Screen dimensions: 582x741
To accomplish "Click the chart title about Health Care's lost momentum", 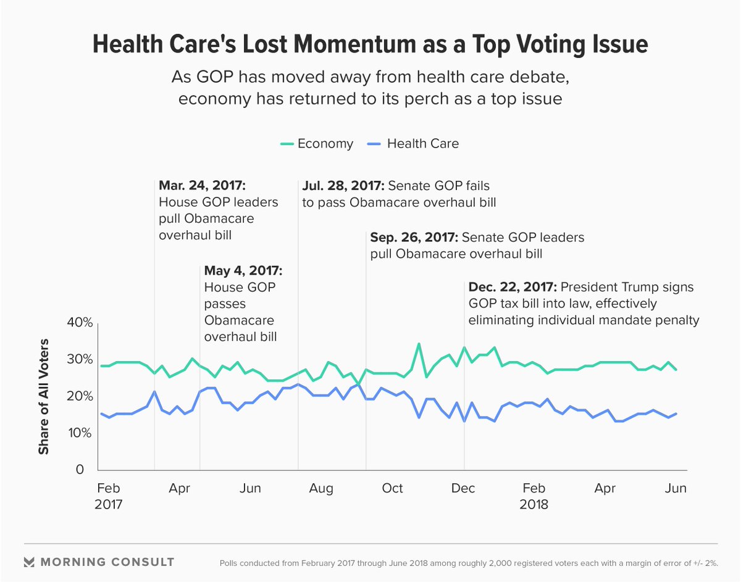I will (x=370, y=45).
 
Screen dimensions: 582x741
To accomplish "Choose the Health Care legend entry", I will (x=413, y=144).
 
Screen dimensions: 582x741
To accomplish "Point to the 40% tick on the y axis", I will (x=80, y=323).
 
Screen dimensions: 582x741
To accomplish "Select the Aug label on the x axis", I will (x=321, y=489).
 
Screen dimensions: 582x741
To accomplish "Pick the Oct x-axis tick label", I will (x=392, y=489).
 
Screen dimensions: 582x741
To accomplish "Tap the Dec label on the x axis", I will (x=463, y=489).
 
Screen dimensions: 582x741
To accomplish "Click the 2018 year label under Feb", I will (x=534, y=504).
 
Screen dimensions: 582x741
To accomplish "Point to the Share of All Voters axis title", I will (x=44, y=396).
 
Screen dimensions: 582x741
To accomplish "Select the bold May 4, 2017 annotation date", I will (x=243, y=271).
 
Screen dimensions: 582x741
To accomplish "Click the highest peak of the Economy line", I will (x=419, y=344).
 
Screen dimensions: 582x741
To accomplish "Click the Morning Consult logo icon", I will (x=28, y=562).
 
